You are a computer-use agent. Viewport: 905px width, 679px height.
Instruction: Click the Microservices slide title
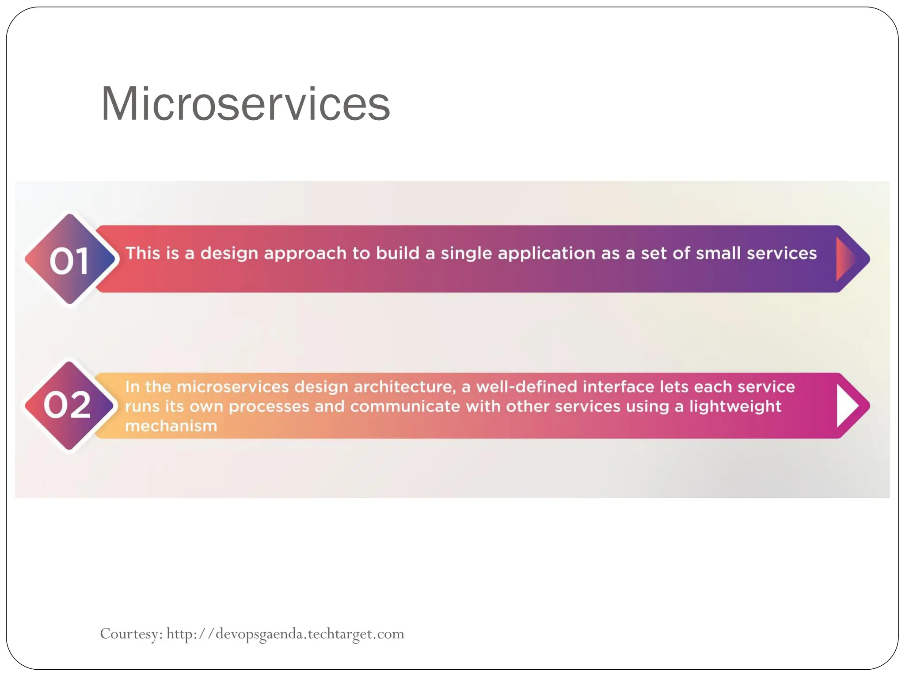(245, 104)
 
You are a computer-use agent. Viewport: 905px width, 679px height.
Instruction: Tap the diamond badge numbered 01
(70, 259)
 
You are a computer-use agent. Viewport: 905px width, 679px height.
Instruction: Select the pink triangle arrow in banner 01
(845, 259)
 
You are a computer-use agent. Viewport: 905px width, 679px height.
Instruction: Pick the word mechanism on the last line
(171, 426)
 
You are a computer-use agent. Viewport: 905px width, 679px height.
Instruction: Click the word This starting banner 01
(143, 253)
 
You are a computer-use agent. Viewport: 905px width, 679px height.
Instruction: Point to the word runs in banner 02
(142, 407)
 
